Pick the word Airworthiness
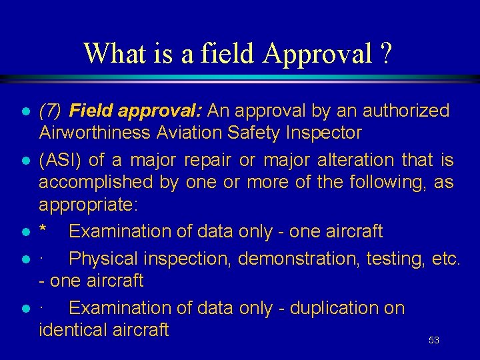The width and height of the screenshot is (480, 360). [x=95, y=133]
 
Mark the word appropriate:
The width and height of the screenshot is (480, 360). [x=87, y=204]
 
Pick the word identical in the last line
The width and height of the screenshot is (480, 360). [x=73, y=329]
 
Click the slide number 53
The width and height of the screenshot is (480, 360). [x=434, y=340]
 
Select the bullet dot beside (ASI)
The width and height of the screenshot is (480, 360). [x=25, y=161]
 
